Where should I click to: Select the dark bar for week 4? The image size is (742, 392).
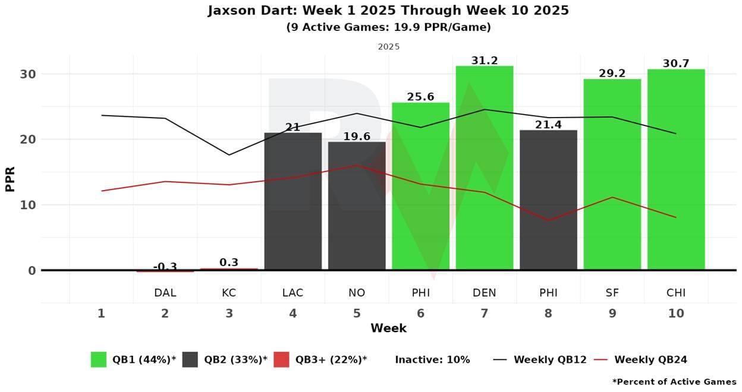(293, 201)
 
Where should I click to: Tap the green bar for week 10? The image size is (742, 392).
(675, 170)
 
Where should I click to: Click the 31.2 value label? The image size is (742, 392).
(484, 61)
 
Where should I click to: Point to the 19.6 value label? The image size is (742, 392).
(357, 137)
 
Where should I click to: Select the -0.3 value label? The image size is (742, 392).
(165, 267)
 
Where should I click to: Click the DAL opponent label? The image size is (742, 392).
(165, 293)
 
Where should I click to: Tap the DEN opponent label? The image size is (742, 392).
(484, 293)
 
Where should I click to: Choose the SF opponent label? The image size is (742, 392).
(612, 293)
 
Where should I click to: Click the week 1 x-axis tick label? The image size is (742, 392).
(101, 313)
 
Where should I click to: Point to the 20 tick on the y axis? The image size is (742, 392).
(29, 140)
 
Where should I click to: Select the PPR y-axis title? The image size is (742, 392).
(10, 178)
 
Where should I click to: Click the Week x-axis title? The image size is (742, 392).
(388, 328)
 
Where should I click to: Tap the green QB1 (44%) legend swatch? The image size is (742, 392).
(99, 359)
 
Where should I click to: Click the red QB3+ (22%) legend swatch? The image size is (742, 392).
(281, 359)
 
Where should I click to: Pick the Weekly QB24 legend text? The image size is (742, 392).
(650, 359)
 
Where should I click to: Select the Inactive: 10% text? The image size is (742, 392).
(432, 359)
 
